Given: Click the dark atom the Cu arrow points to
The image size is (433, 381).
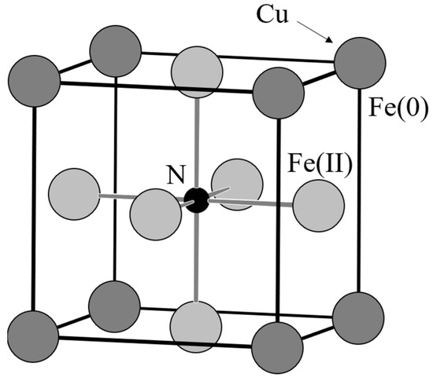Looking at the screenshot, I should [359, 60].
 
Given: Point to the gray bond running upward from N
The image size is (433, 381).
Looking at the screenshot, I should [197, 141].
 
